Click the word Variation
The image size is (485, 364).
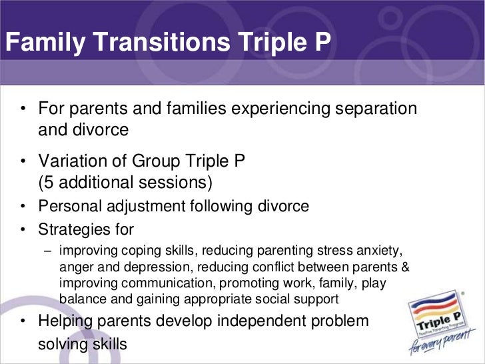click(71, 161)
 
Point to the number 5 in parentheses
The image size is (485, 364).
click(49, 182)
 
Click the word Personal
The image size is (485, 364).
click(69, 207)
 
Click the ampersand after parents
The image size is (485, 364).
click(405, 267)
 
